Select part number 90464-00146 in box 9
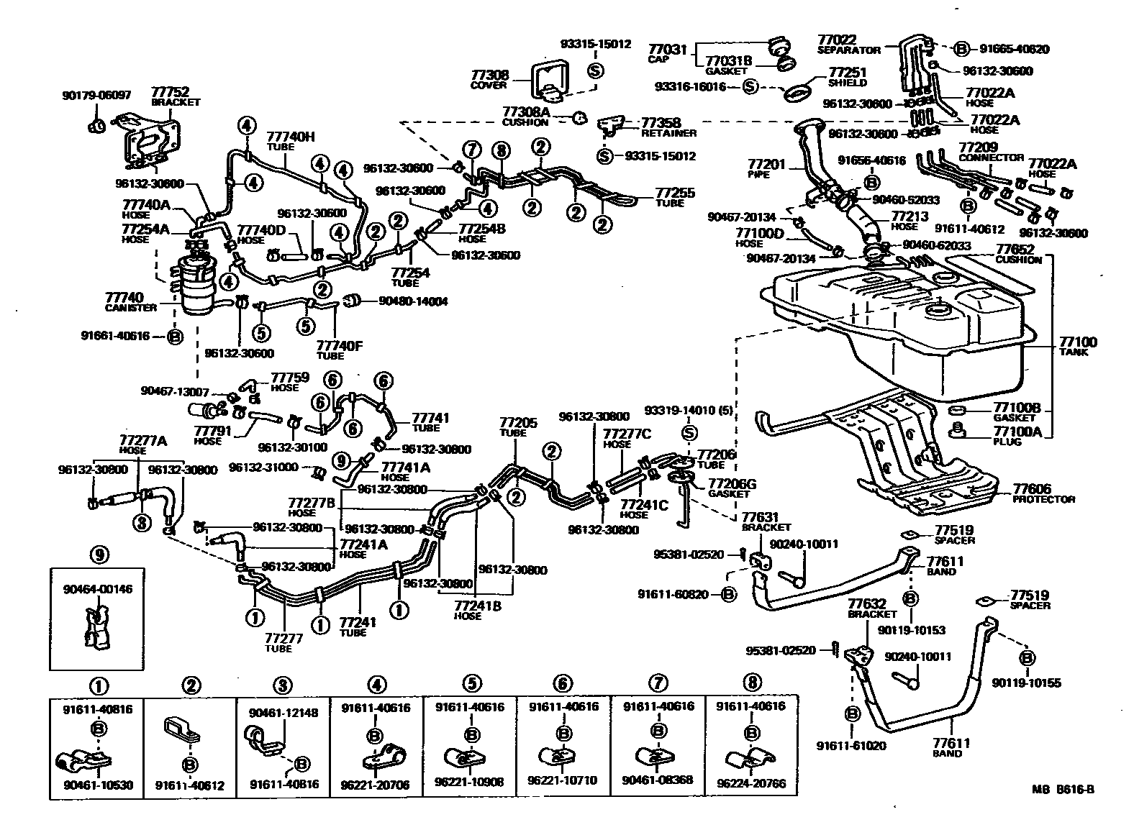96,589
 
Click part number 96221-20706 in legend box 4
374,785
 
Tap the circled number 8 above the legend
753,683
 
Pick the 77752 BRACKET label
170,96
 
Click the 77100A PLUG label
1017,435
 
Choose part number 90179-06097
96,94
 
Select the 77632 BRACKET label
872,608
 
